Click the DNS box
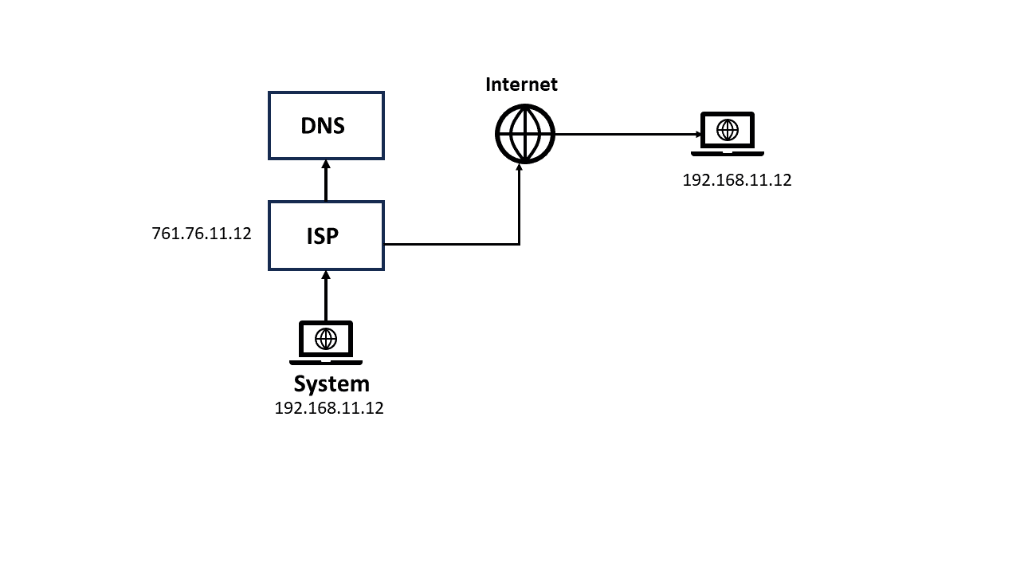pos(326,125)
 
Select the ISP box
pos(326,235)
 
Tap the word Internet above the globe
pos(521,85)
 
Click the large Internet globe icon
pos(524,134)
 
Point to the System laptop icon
pos(325,342)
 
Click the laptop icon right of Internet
pos(727,133)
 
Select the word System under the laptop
pos(331,383)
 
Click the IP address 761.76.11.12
pos(202,234)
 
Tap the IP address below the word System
pos(329,408)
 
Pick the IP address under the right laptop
pos(737,180)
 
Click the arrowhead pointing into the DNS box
pos(326,164)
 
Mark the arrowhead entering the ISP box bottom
pos(326,275)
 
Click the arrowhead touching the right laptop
pos(697,134)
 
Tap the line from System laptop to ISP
pos(326,299)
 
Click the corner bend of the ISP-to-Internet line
pos(520,244)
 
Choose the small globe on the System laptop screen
pos(325,339)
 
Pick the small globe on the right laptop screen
pos(727,129)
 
